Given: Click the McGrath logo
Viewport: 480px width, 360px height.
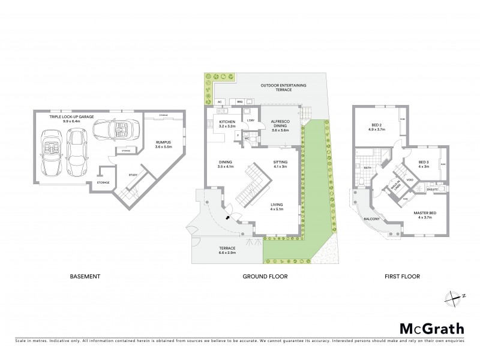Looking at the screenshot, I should (x=431, y=328).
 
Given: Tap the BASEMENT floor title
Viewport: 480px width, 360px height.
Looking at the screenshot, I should (x=85, y=277).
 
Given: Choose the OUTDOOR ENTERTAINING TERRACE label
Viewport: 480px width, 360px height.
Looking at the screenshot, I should (x=283, y=88).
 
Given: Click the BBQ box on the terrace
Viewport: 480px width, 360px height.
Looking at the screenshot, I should (x=239, y=102).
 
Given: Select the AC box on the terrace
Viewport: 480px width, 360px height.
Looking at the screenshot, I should (x=219, y=102).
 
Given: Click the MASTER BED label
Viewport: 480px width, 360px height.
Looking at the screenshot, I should (x=424, y=214).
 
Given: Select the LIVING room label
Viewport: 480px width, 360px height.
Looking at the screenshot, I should (x=276, y=206).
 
